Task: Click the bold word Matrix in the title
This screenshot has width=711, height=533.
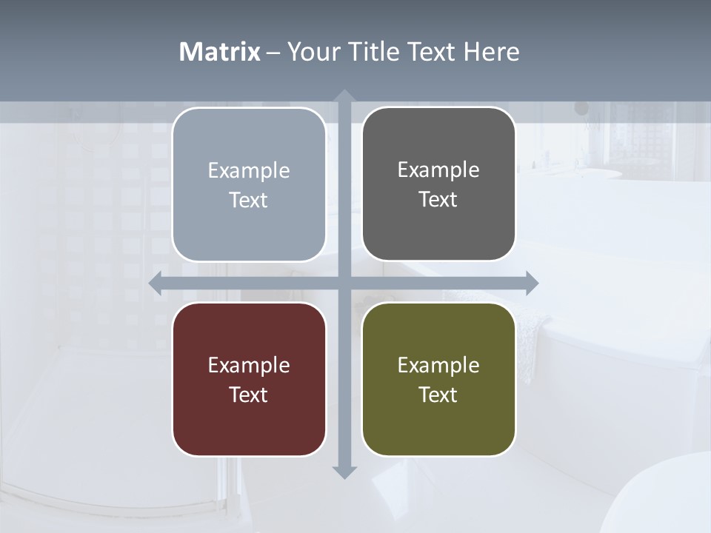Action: (x=220, y=52)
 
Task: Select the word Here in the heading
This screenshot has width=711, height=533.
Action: (x=491, y=52)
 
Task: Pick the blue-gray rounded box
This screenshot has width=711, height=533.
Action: (x=249, y=184)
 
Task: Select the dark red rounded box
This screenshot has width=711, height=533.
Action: (x=249, y=379)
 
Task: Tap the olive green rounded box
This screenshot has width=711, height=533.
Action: (x=438, y=379)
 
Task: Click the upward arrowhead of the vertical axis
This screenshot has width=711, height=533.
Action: (x=344, y=96)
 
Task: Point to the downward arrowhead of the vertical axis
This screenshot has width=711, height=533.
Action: (x=344, y=472)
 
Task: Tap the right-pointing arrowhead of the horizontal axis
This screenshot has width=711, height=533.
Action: (x=531, y=283)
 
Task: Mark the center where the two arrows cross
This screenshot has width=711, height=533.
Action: (x=344, y=283)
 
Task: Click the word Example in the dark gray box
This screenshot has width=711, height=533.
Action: (x=438, y=170)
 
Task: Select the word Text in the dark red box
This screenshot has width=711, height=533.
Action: (x=249, y=395)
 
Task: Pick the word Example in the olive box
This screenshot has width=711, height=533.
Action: (x=438, y=365)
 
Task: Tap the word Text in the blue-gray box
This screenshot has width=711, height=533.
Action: (x=249, y=200)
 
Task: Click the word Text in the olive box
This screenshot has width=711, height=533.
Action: (x=438, y=395)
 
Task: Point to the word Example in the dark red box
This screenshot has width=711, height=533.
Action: (x=249, y=365)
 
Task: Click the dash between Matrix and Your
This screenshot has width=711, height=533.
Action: (x=273, y=53)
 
